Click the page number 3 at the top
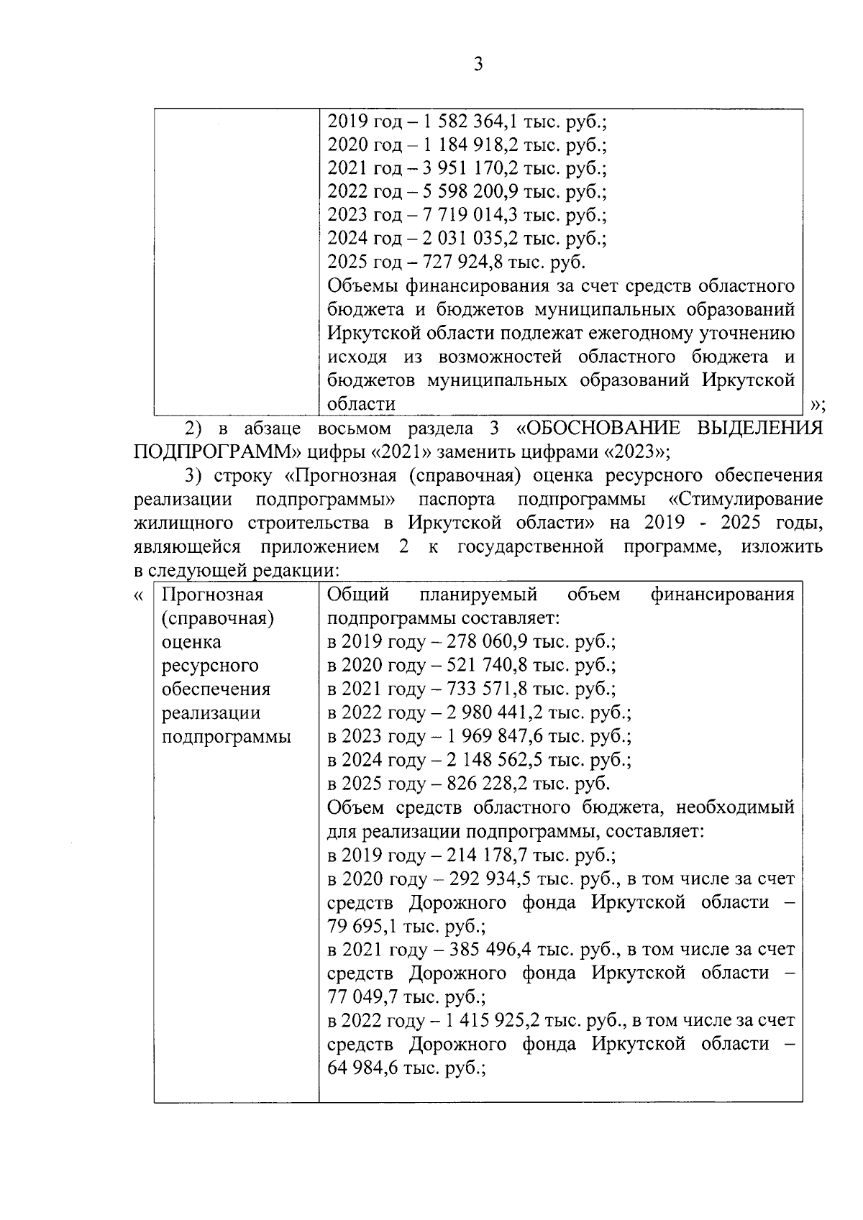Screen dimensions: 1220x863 (478, 65)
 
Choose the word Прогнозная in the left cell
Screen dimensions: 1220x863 (213, 595)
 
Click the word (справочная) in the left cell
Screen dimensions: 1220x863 (218, 618)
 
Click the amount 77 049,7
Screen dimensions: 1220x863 (364, 997)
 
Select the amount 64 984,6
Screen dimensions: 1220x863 (364, 1068)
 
